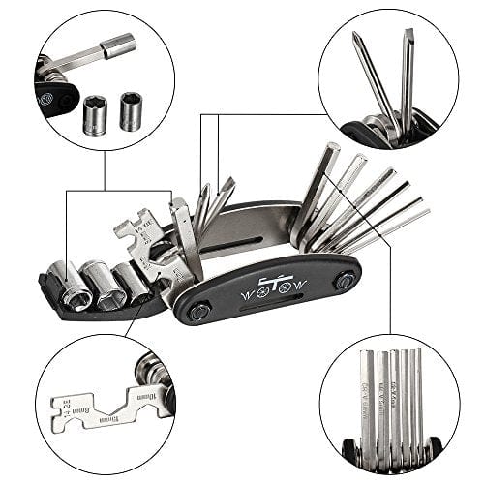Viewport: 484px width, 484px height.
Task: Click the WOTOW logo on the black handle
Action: coord(274,288)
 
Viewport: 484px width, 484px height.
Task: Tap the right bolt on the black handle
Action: coord(345,281)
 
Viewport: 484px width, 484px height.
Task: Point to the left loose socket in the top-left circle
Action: coord(97,114)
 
